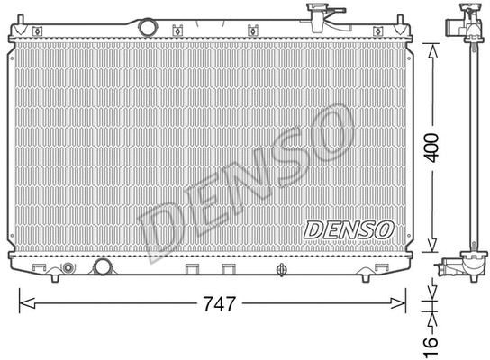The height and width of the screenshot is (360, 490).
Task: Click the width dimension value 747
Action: tap(217, 304)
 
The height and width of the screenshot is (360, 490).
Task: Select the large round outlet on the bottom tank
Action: tap(102, 267)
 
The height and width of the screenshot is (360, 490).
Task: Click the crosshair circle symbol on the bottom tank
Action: tap(281, 268)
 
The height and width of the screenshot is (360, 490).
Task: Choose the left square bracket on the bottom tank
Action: tap(192, 268)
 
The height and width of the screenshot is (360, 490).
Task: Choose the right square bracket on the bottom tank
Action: tap(229, 268)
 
